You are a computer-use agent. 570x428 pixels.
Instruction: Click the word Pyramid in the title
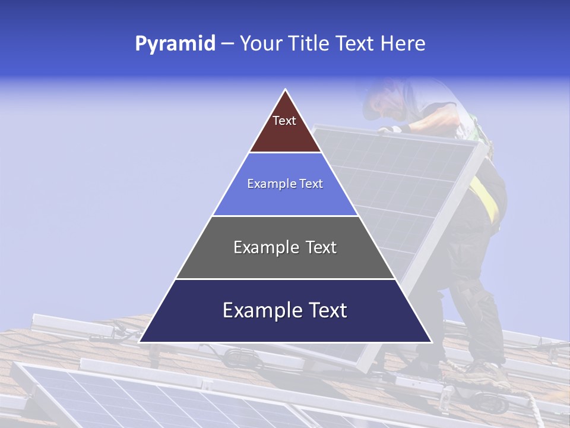[x=175, y=44]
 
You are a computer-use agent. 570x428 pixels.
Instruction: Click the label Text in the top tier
[x=284, y=121]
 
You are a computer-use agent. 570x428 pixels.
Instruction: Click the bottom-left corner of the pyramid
[x=140, y=342]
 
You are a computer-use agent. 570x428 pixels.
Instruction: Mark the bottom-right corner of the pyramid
[x=430, y=342]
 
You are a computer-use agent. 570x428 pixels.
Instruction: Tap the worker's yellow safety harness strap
[x=487, y=199]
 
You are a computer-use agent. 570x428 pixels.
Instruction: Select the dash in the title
[x=227, y=44]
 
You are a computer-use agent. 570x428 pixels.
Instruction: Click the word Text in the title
[x=355, y=43]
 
